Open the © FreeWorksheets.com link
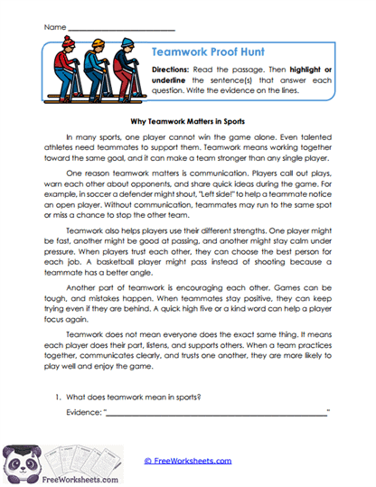point(187,461)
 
